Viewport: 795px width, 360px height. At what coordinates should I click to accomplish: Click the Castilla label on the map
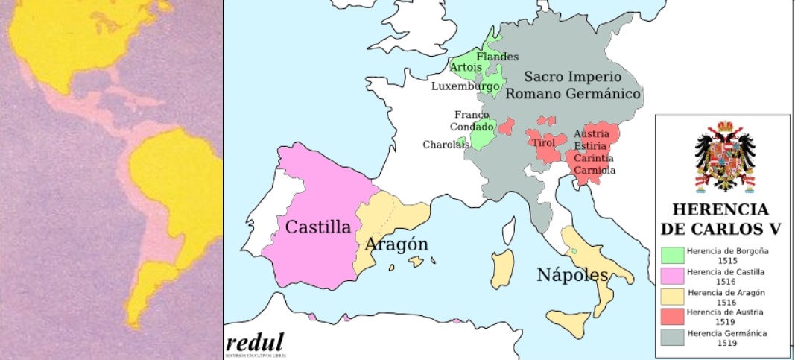pos(318,227)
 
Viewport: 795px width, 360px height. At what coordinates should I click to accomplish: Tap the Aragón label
pos(396,244)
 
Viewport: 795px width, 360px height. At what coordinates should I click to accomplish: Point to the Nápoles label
pos(572,274)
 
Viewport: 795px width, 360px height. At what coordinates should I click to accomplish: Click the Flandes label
pos(498,57)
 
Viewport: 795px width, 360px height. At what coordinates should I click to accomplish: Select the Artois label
pos(466,67)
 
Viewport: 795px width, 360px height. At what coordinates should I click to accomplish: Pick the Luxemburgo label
pos(466,86)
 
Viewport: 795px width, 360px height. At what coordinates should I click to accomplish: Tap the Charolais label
pos(446,145)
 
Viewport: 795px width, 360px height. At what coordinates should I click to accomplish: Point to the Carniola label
pos(595,171)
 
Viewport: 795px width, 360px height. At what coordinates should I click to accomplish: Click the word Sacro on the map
pos(545,77)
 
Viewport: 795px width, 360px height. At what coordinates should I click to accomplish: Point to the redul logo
pos(255,344)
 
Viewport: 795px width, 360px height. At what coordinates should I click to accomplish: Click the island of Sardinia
pos(502,269)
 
